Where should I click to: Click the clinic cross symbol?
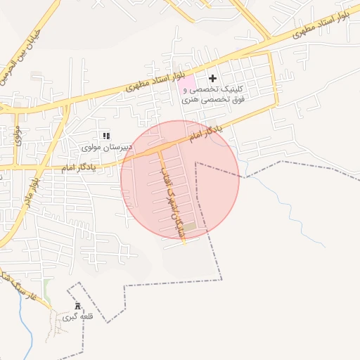click(x=213, y=77)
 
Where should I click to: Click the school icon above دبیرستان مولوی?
click(x=106, y=136)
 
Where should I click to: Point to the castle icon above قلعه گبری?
click(x=77, y=307)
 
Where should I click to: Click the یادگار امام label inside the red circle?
click(x=205, y=130)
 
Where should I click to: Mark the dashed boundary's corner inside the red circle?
click(x=196, y=163)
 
